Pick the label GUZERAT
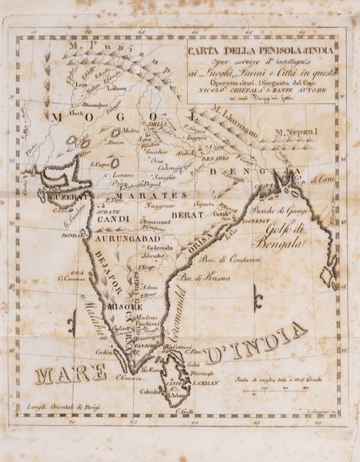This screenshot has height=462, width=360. coord(70,196)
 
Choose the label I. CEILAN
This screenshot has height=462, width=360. coord(206,383)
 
